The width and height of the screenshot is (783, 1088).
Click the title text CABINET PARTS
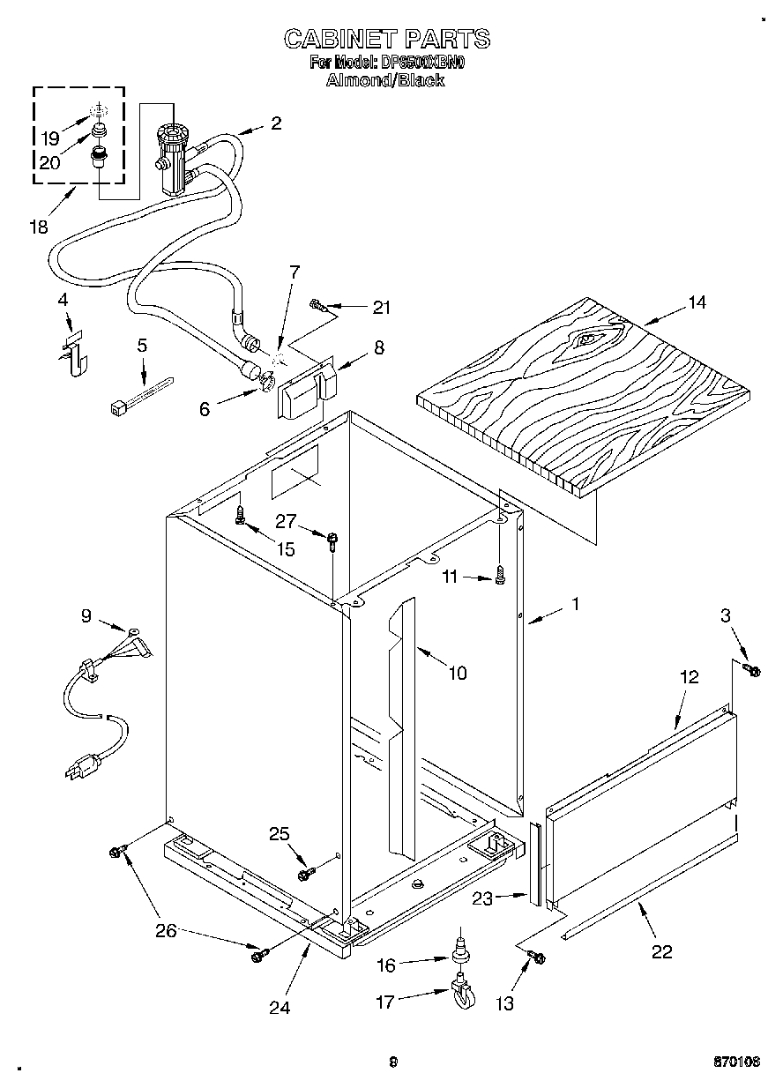click(386, 39)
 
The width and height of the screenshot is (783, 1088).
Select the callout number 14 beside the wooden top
click(697, 302)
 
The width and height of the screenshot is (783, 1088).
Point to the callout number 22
click(661, 951)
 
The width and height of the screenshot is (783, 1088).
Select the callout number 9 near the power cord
click(86, 616)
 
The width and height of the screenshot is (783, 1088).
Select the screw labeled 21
click(319, 306)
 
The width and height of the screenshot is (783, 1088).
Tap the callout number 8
click(378, 347)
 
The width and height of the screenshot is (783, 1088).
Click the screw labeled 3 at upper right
click(753, 671)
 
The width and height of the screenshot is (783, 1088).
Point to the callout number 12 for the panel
click(689, 677)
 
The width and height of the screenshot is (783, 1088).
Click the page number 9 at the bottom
click(393, 1062)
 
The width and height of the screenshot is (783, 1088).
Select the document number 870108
click(736, 1062)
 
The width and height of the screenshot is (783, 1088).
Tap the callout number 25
click(279, 833)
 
